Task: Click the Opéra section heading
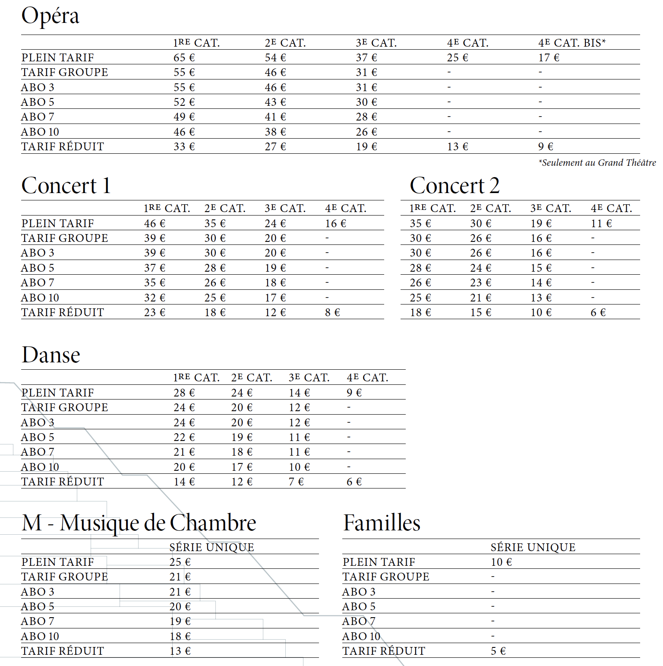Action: pyautogui.click(x=50, y=16)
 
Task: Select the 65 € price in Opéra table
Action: pyautogui.click(x=184, y=57)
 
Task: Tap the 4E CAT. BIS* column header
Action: pyautogui.click(x=571, y=43)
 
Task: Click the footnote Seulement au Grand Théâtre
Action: pyautogui.click(x=597, y=163)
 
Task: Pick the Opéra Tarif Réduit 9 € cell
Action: pyautogui.click(x=546, y=146)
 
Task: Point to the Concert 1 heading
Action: pyautogui.click(x=66, y=186)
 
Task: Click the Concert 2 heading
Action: pyautogui.click(x=455, y=186)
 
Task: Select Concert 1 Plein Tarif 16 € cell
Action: pyautogui.click(x=335, y=223)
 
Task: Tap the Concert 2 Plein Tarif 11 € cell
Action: pyautogui.click(x=601, y=223)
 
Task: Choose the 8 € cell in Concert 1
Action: pyautogui.click(x=332, y=312)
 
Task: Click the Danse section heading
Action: pyautogui.click(x=51, y=355)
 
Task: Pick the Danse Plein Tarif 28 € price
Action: pyautogui.click(x=184, y=393)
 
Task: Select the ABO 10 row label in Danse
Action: pyautogui.click(x=40, y=467)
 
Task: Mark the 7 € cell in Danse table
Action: pyautogui.click(x=296, y=482)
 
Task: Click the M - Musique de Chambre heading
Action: pyautogui.click(x=139, y=523)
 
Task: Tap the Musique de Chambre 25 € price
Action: pyautogui.click(x=180, y=562)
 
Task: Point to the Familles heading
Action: pyautogui.click(x=382, y=523)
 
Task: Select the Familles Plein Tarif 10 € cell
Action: pyautogui.click(x=501, y=562)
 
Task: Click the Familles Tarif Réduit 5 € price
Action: pyautogui.click(x=498, y=651)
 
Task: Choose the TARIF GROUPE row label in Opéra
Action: pyautogui.click(x=65, y=72)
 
